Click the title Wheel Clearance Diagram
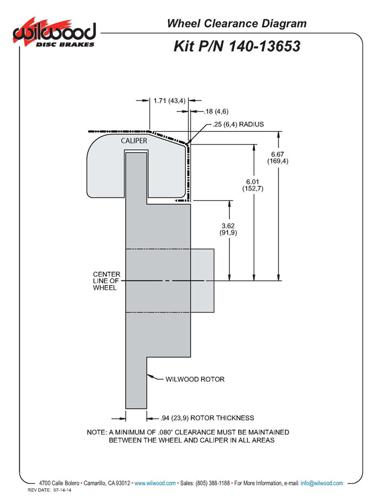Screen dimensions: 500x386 237,23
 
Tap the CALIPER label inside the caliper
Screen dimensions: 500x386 133,141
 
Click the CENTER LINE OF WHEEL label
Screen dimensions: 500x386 106,281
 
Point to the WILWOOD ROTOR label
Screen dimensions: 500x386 195,379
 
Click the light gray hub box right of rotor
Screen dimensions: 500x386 202,280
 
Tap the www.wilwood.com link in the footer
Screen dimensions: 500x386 155,483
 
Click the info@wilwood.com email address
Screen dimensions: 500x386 321,483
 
